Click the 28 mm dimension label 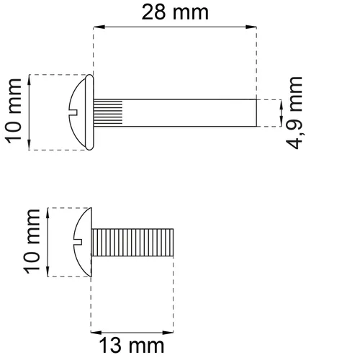tap(175, 12)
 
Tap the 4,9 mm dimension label tap(294, 113)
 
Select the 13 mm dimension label tap(132, 346)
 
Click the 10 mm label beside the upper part tap(13, 111)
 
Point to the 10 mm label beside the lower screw tap(31, 241)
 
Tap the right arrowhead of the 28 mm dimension tap(251, 27)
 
